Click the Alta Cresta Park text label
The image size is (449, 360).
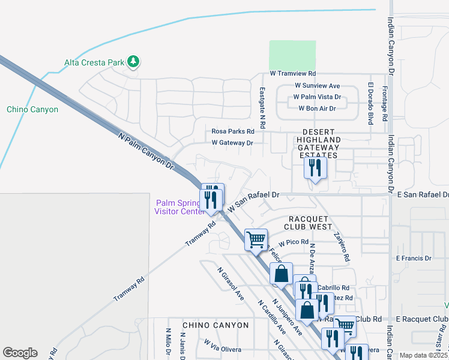[x=94, y=62]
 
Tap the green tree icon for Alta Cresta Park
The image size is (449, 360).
[x=133, y=62]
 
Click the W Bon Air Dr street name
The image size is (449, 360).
[x=317, y=108]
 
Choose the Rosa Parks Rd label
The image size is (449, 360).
[x=232, y=131]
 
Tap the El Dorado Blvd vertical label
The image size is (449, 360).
[x=371, y=101]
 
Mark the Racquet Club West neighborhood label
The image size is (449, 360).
[x=310, y=223]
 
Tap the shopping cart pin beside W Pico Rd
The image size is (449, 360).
[x=256, y=239]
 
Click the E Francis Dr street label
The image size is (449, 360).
[x=414, y=259]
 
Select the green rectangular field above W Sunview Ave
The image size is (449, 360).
[x=292, y=56]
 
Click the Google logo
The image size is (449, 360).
[x=20, y=353]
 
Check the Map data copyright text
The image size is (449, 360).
[x=423, y=355]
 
